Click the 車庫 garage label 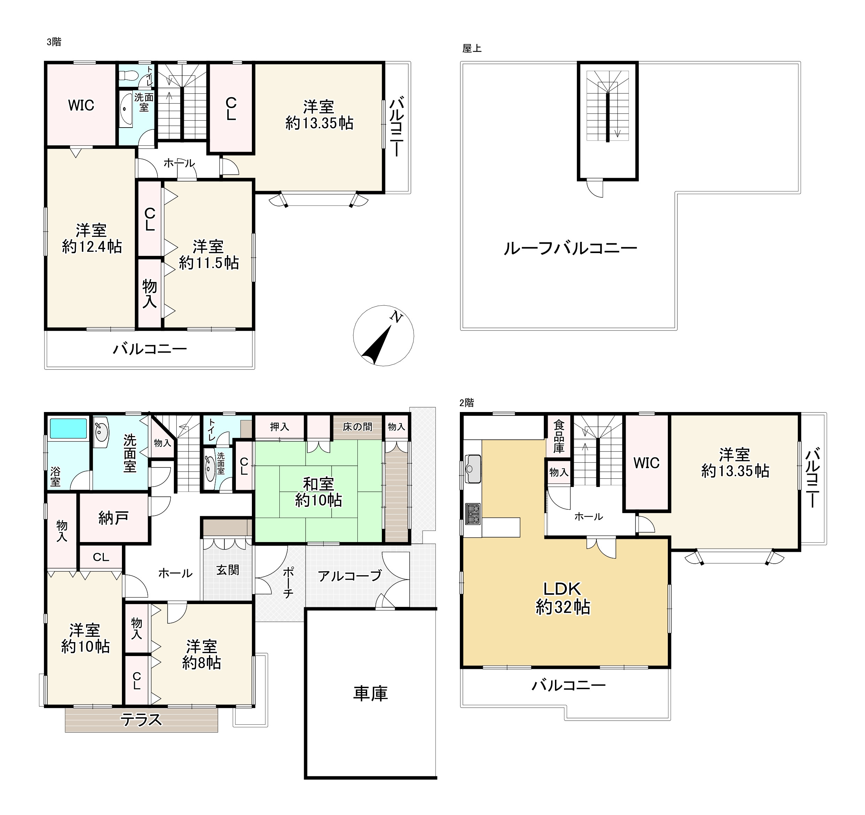(x=370, y=694)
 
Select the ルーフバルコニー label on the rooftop (x=570, y=249)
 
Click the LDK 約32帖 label (x=563, y=598)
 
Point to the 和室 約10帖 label (x=318, y=492)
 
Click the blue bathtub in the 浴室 (x=69, y=428)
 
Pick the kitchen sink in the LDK (x=473, y=469)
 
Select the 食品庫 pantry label (x=559, y=436)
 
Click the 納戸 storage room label (x=113, y=518)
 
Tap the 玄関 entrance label (x=227, y=570)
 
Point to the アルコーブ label (x=350, y=576)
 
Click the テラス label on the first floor (x=141, y=719)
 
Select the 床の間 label (x=357, y=427)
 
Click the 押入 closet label (x=279, y=427)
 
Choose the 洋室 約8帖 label (x=201, y=654)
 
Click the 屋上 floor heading (x=472, y=49)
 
